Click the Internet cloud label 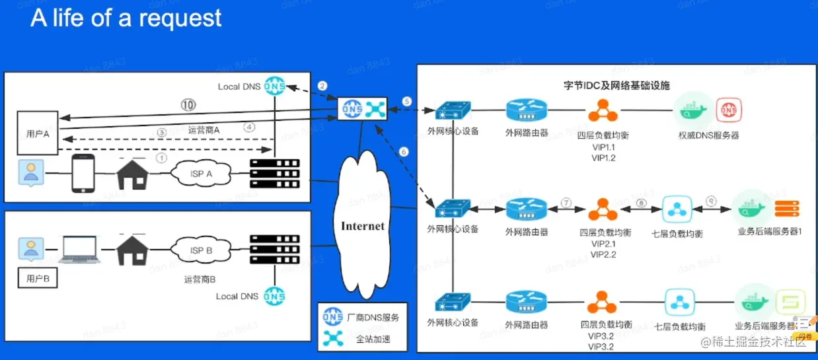coord(362,227)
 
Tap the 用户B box coord(37,279)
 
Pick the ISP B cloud coord(201,251)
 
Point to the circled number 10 coord(188,104)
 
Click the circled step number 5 coord(407,101)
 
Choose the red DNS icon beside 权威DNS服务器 coord(728,110)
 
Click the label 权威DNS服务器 coord(708,135)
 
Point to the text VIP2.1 coord(603,244)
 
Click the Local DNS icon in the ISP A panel coord(274,87)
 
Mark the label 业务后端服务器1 coord(769,232)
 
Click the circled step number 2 coord(322,86)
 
